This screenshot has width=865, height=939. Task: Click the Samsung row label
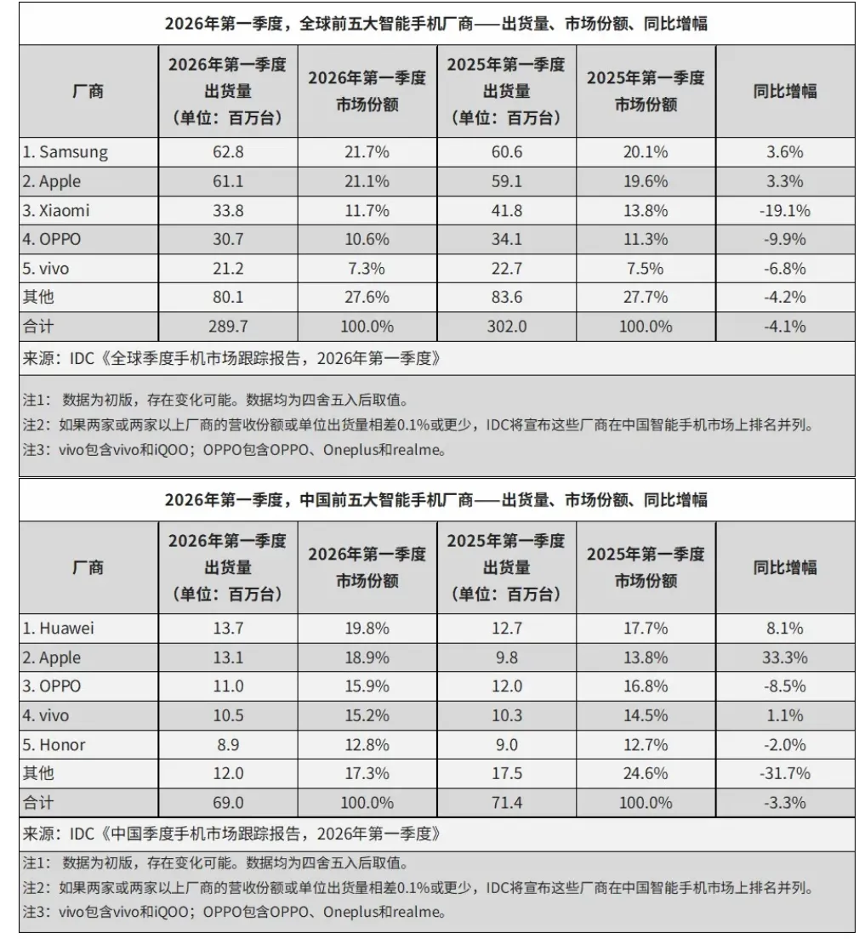click(65, 152)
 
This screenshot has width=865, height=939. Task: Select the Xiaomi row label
click(56, 210)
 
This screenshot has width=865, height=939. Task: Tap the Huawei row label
click(59, 629)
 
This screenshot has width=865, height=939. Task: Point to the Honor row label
click(54, 744)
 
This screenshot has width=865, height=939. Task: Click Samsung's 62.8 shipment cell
click(227, 152)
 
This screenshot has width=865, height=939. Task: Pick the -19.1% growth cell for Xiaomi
click(784, 210)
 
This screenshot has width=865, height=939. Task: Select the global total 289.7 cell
click(227, 326)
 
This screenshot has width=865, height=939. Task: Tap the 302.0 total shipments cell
click(506, 326)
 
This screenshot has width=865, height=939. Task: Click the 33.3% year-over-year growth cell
click(784, 657)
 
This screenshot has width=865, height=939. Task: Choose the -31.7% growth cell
click(784, 773)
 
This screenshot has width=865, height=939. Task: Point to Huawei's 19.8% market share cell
click(367, 629)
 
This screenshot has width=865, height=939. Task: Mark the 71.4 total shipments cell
click(506, 802)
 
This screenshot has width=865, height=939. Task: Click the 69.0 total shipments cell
click(227, 802)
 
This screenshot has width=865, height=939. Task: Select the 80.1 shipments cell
click(227, 297)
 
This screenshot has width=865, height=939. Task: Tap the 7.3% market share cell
click(367, 268)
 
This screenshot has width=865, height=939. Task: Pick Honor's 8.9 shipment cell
click(227, 744)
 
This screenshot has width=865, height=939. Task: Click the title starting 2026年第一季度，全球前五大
click(435, 24)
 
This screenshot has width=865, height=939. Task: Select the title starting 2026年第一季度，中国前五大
click(435, 500)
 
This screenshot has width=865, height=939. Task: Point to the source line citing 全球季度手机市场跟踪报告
click(231, 358)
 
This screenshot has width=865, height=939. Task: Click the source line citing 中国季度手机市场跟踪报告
click(231, 834)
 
